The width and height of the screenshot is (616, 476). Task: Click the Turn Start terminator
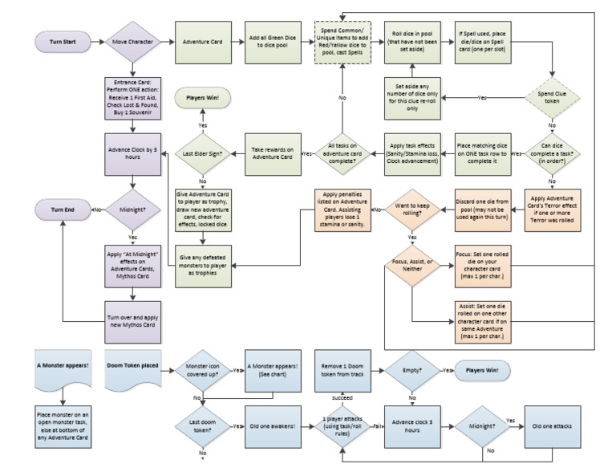coord(59,40)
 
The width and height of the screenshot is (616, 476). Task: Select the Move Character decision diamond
coord(132,40)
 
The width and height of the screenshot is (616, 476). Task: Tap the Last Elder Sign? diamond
coord(204,153)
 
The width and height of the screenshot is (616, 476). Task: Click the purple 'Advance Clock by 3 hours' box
coord(132,153)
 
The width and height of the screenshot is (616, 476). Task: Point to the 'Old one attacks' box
coord(553,426)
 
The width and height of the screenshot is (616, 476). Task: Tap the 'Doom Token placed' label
coord(132,366)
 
